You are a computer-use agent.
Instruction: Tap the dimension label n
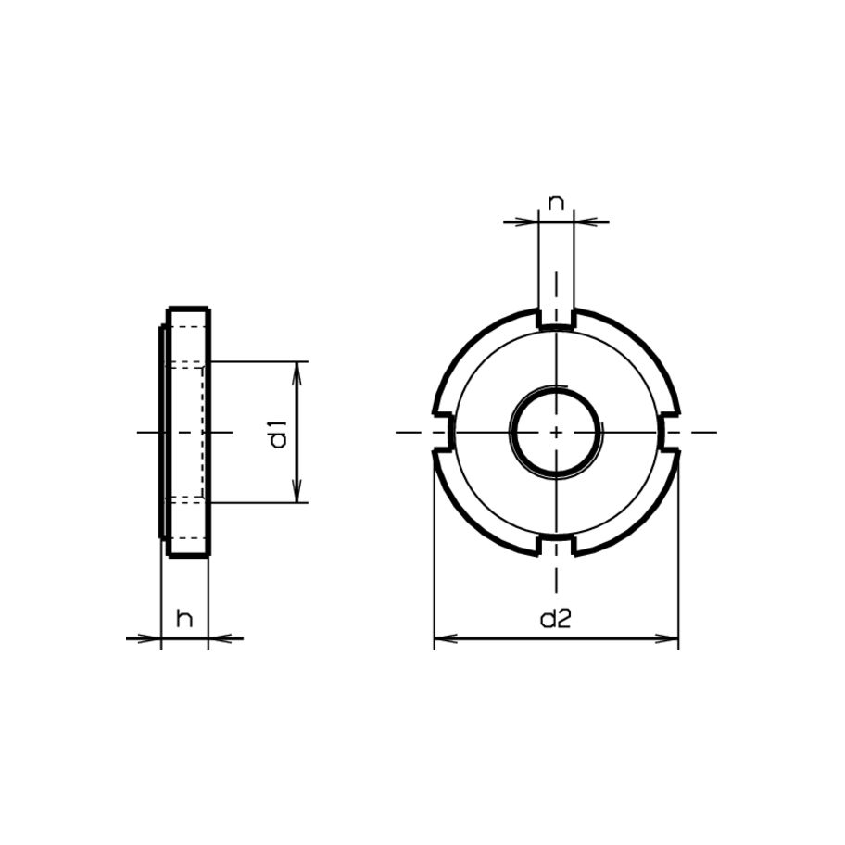[x=555, y=203]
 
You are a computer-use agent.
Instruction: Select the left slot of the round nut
[x=441, y=433]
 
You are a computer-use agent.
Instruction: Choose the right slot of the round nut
[x=671, y=433]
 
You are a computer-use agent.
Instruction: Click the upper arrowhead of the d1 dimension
[x=297, y=370]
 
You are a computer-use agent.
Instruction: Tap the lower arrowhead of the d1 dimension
[x=297, y=495]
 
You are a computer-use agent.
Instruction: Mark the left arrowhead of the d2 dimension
[x=443, y=638]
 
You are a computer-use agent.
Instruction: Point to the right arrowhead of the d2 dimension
[x=671, y=638]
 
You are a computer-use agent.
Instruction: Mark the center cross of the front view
[x=555, y=433]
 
